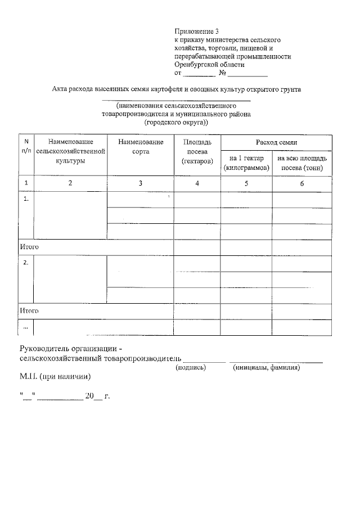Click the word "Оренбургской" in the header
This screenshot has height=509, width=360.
click(196, 65)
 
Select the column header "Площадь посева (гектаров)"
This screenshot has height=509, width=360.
click(197, 152)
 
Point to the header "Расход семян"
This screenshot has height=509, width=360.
click(276, 143)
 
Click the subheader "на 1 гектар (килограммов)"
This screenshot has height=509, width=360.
click(247, 163)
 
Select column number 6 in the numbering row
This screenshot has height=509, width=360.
click(303, 183)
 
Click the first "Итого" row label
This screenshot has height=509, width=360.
click(29, 247)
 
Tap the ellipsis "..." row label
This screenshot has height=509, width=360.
click(25, 327)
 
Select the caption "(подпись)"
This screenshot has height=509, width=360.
click(191, 367)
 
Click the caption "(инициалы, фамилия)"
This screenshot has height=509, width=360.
click(266, 367)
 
